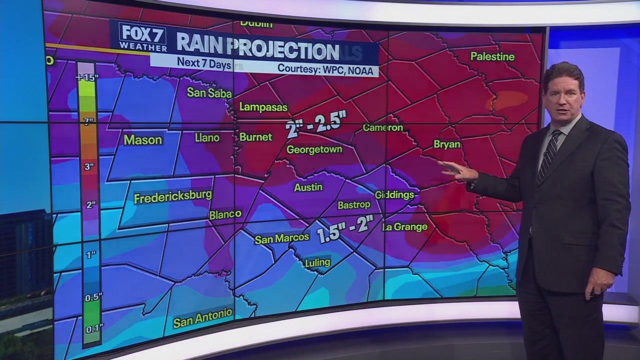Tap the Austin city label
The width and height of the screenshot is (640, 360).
[x=308, y=187]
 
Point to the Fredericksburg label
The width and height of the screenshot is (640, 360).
[x=173, y=196]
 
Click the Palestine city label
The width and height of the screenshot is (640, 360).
[x=492, y=56]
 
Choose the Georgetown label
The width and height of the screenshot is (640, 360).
[x=314, y=149]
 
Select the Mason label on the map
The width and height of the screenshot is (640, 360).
[x=143, y=139]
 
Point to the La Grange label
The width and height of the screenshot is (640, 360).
[x=405, y=227]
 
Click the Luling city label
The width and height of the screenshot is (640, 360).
[x=317, y=262]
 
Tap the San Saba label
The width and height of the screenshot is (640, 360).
[x=209, y=92]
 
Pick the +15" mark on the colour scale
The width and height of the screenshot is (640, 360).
[x=86, y=77]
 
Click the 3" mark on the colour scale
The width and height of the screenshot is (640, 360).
[x=88, y=166]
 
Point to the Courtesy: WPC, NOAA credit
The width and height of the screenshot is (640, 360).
[x=325, y=70]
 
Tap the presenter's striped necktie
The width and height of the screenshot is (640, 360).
[x=548, y=154]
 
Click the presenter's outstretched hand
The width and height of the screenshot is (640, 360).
[x=457, y=171]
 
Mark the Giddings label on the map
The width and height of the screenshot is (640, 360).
[x=395, y=194]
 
